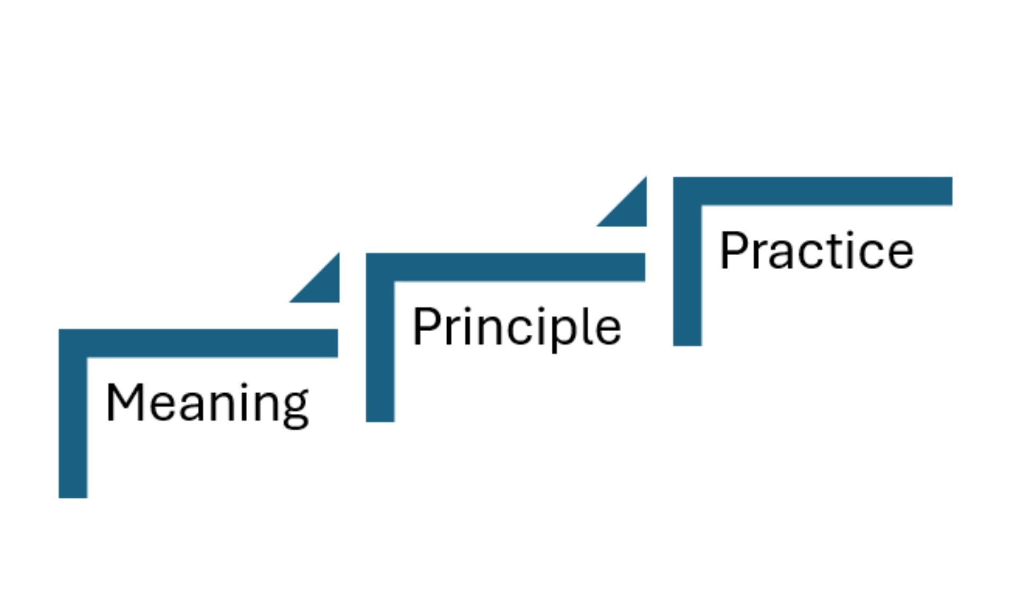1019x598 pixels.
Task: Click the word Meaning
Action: (x=207, y=403)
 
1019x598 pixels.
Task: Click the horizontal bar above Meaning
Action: (x=212, y=343)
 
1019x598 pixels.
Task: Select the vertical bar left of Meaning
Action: (x=73, y=424)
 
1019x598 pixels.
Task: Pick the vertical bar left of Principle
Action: (x=380, y=350)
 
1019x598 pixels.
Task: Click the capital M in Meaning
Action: (x=124, y=403)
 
